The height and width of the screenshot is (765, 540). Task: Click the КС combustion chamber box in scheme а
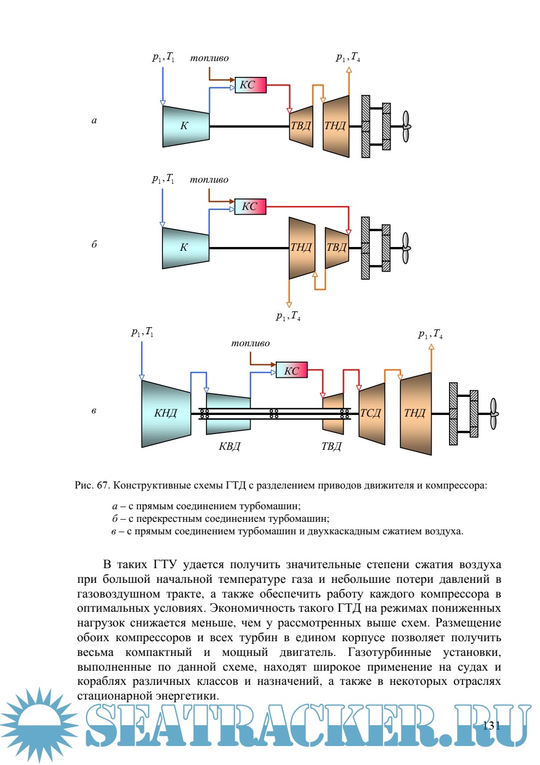(251, 85)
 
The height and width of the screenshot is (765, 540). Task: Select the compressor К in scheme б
(185, 248)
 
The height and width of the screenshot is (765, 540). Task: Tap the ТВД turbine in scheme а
(301, 127)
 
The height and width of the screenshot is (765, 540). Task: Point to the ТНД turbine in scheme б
(301, 248)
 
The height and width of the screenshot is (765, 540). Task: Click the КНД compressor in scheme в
(166, 413)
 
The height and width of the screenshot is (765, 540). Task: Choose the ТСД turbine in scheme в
(372, 413)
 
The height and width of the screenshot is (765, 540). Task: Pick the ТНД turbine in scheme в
(416, 413)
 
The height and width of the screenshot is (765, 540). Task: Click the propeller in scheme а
(406, 127)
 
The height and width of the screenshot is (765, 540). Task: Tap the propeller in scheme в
(493, 413)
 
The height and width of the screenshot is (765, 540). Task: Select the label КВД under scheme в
(229, 447)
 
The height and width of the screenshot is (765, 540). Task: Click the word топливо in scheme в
(250, 344)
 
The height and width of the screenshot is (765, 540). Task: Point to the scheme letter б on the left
(94, 244)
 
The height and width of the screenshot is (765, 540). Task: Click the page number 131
(492, 725)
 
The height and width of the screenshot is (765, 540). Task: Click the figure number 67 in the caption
(102, 485)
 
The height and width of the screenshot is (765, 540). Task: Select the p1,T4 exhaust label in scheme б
(288, 316)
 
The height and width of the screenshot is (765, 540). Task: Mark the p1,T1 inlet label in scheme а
(163, 57)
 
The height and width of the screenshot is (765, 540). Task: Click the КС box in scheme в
(292, 370)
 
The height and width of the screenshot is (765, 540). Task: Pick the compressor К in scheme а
(185, 127)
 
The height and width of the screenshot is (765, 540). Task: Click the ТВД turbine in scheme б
(337, 248)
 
